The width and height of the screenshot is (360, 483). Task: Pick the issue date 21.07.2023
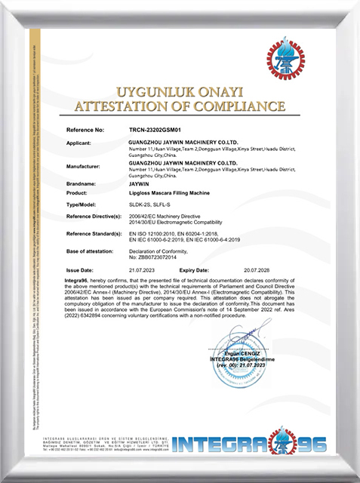click(x=142, y=269)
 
